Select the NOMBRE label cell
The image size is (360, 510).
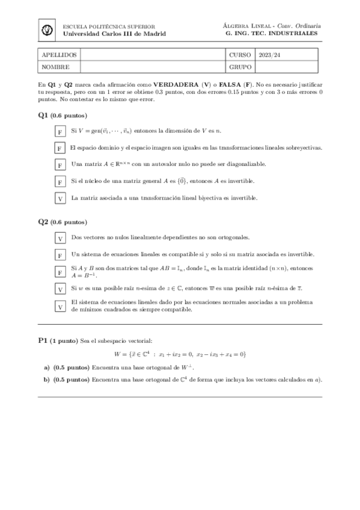[x=56, y=67]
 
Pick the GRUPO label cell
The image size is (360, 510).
[x=240, y=67]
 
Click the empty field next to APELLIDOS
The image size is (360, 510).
[x=153, y=55]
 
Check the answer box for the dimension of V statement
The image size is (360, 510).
[x=60, y=131]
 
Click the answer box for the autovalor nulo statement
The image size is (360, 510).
[x=60, y=165]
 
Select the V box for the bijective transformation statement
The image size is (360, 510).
[x=60, y=198]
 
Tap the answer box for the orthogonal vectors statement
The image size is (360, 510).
[x=60, y=239]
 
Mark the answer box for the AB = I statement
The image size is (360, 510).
[x=60, y=272]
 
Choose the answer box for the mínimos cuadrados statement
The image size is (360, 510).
[x=60, y=306]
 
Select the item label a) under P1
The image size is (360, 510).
[x=47, y=367]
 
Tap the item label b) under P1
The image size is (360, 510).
[x=47, y=379]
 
